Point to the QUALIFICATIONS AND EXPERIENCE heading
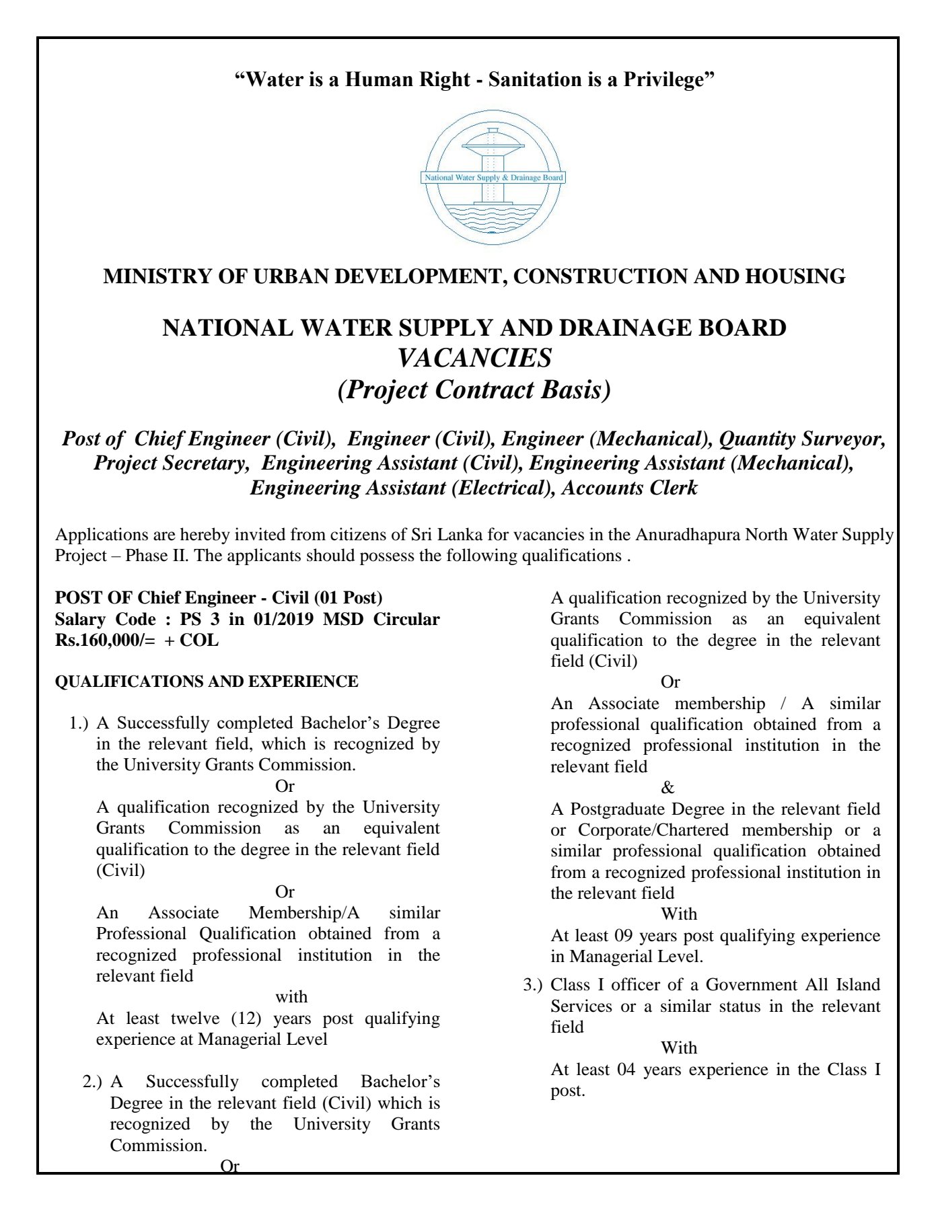(x=207, y=682)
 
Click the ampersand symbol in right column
(x=668, y=788)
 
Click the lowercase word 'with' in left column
(x=291, y=997)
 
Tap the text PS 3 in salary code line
(x=201, y=619)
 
